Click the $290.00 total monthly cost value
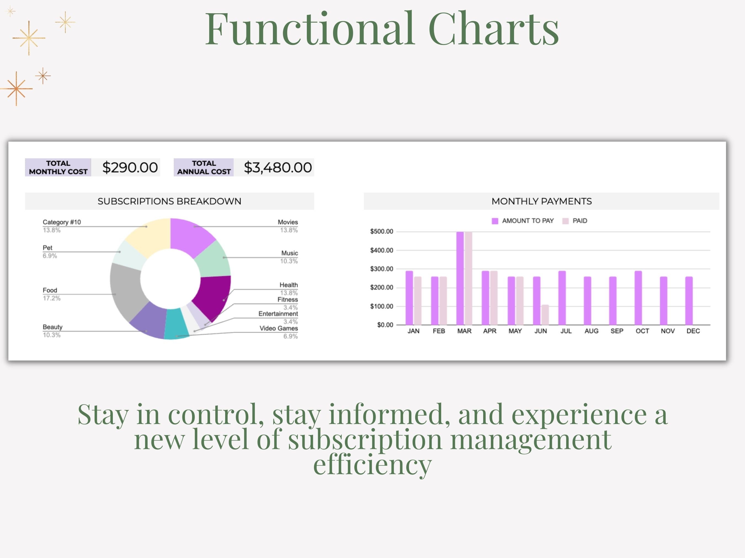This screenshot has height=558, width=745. coord(130,168)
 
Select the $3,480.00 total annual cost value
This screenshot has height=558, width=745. coord(278,168)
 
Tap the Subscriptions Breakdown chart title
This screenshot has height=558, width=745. coord(169,201)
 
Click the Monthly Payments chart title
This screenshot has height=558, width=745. coord(542,201)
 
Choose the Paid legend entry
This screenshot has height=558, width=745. coord(575,221)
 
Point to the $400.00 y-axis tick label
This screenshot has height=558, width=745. coord(382,250)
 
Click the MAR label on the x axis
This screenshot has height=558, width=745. coord(464,331)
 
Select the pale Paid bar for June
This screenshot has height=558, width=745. coord(545,315)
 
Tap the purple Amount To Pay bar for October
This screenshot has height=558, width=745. coord(638,298)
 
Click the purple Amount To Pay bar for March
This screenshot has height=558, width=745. coord(460,278)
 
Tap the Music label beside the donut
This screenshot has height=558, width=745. coord(290,253)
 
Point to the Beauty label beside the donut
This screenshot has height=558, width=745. coord(52,327)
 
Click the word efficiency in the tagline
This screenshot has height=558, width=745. coord(372,465)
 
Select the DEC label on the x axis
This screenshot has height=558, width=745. coord(693,331)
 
